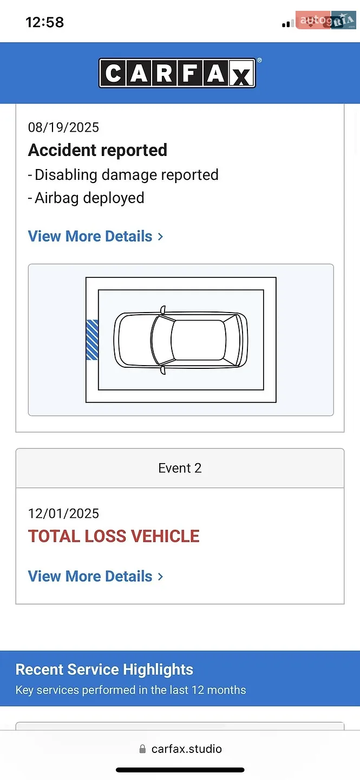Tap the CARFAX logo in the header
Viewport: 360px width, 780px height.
pyautogui.click(x=177, y=73)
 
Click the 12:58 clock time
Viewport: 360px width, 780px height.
pyautogui.click(x=45, y=23)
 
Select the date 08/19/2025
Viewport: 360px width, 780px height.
pyautogui.click(x=63, y=127)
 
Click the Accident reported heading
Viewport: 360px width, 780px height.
pyautogui.click(x=97, y=150)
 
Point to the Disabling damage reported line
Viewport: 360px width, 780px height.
pyautogui.click(x=123, y=175)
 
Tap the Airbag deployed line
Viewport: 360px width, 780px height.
pyautogui.click(x=86, y=198)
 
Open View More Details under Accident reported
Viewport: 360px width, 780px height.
pyautogui.click(x=95, y=236)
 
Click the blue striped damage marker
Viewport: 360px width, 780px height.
pyautogui.click(x=92, y=340)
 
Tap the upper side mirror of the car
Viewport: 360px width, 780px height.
pyautogui.click(x=162, y=310)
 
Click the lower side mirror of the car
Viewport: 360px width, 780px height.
pyautogui.click(x=162, y=370)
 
